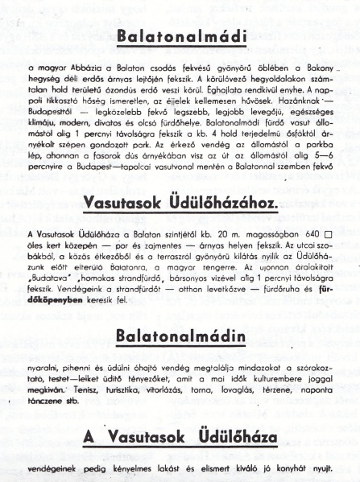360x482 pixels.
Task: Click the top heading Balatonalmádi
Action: point(180,36)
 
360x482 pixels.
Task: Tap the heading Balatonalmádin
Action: point(180,334)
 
